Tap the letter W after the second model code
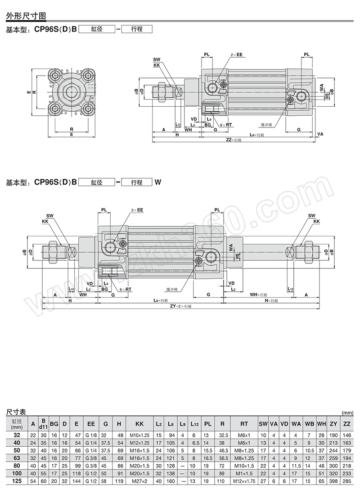(x=157, y=182)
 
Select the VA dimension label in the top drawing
(x=320, y=134)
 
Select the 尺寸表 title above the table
(x=16, y=412)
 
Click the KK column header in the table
(x=139, y=424)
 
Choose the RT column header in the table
(x=244, y=424)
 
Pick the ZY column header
(x=333, y=424)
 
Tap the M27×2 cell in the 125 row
(x=139, y=481)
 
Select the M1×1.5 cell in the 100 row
(x=244, y=473)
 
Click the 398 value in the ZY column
(x=333, y=481)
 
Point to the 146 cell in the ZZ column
(x=347, y=435)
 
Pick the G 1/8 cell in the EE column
(x=91, y=435)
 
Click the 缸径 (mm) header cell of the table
(x=17, y=424)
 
